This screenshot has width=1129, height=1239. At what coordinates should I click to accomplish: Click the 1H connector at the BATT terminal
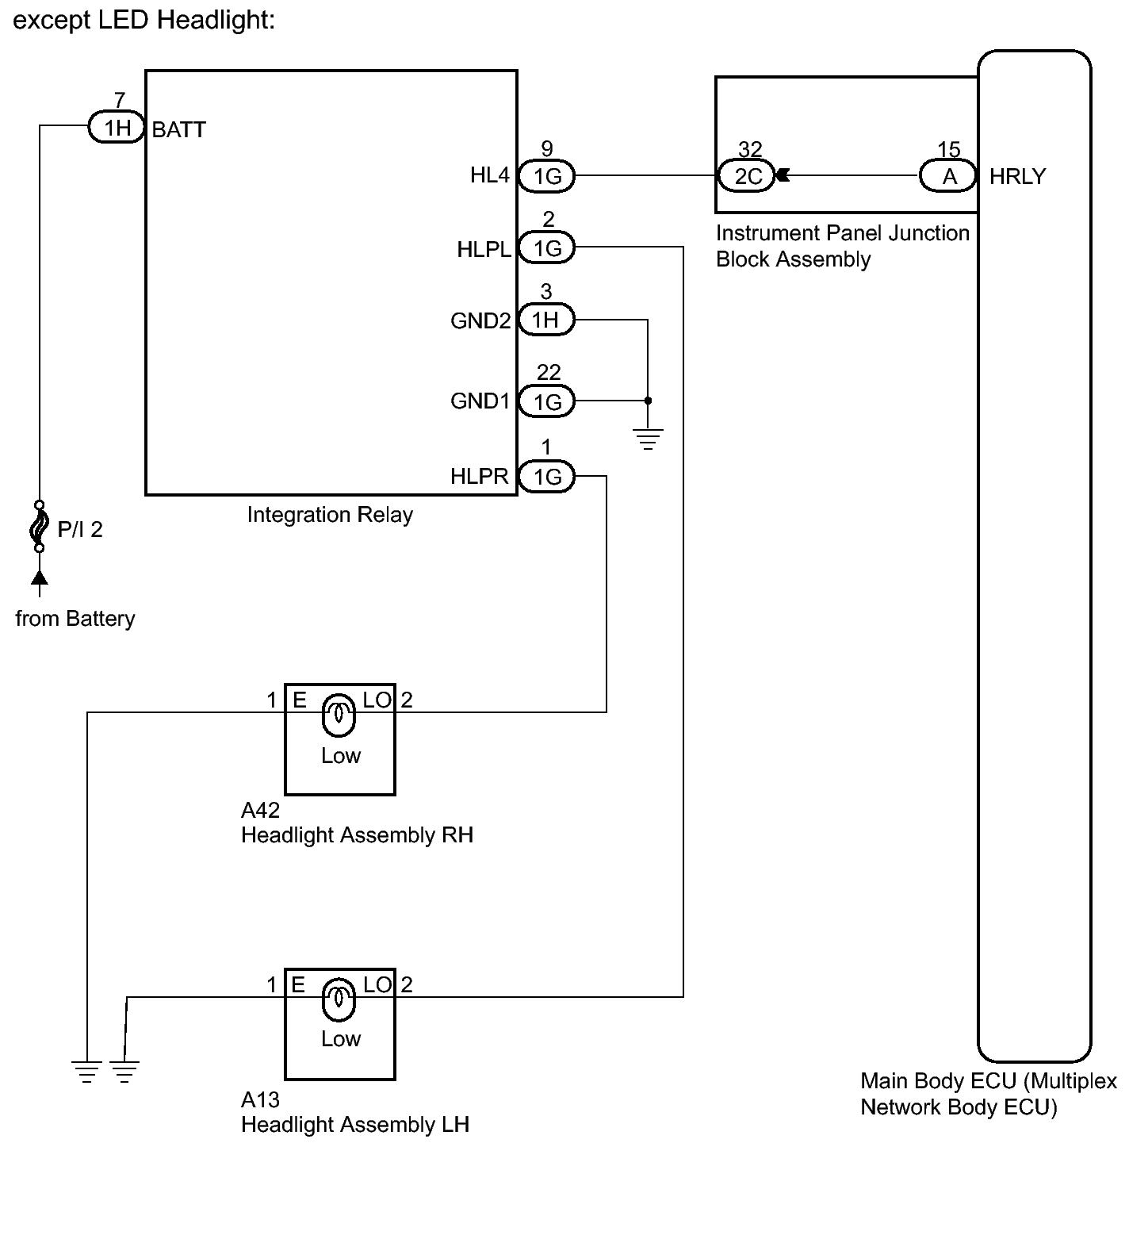pos(117,128)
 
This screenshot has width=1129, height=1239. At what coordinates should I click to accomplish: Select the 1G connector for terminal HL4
pos(547,176)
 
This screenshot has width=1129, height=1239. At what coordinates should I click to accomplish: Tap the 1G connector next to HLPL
pos(547,248)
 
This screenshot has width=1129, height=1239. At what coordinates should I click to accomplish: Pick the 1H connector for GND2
pos(545,320)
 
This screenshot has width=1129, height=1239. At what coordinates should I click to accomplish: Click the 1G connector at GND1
pos(547,402)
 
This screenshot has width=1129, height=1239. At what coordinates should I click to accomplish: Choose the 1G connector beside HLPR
pos(547,477)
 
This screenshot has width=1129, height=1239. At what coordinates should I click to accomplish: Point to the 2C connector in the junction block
pos(748,175)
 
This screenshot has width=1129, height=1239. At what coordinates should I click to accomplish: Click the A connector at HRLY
pos(948,176)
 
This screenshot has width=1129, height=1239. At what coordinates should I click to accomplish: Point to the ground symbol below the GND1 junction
pos(648,439)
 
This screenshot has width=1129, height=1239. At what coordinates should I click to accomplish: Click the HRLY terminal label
pos(1017,176)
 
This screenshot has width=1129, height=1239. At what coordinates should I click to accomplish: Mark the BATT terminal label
pos(178,129)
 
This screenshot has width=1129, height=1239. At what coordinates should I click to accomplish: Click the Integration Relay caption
pos(330,515)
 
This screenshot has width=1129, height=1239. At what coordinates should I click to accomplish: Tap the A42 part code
pos(260,811)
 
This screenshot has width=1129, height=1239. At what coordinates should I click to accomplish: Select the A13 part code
pos(260,1100)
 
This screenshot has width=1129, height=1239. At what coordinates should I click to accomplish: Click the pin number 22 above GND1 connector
pos(548,372)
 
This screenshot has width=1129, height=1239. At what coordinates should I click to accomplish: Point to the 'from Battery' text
pos(75,619)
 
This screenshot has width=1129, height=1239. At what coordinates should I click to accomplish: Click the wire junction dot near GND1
pos(648,401)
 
